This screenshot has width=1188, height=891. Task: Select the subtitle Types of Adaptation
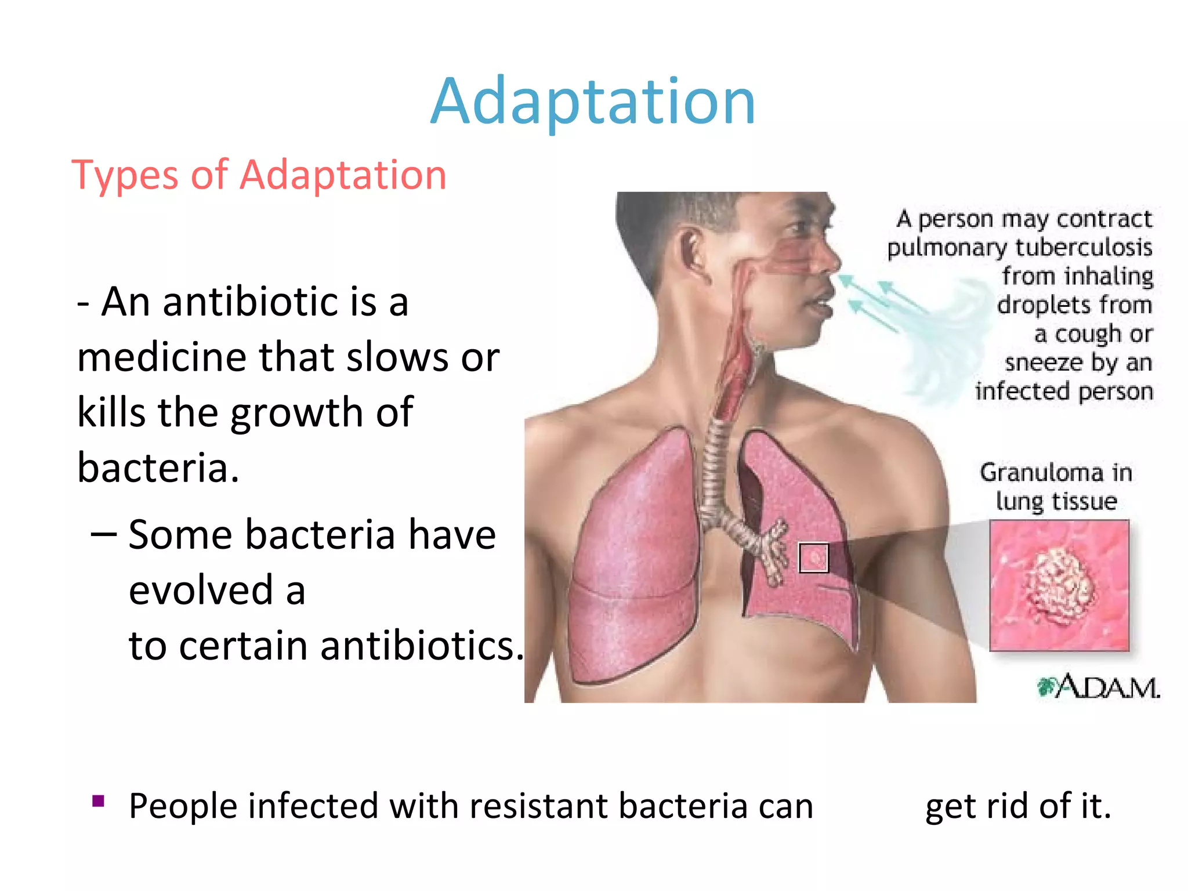click(259, 175)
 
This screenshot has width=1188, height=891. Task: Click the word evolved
click(201, 590)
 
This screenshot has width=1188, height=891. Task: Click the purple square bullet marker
click(98, 801)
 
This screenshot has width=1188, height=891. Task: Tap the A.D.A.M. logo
click(1099, 687)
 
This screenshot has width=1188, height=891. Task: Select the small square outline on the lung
click(813, 557)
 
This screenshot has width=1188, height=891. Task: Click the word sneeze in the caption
click(1044, 363)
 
